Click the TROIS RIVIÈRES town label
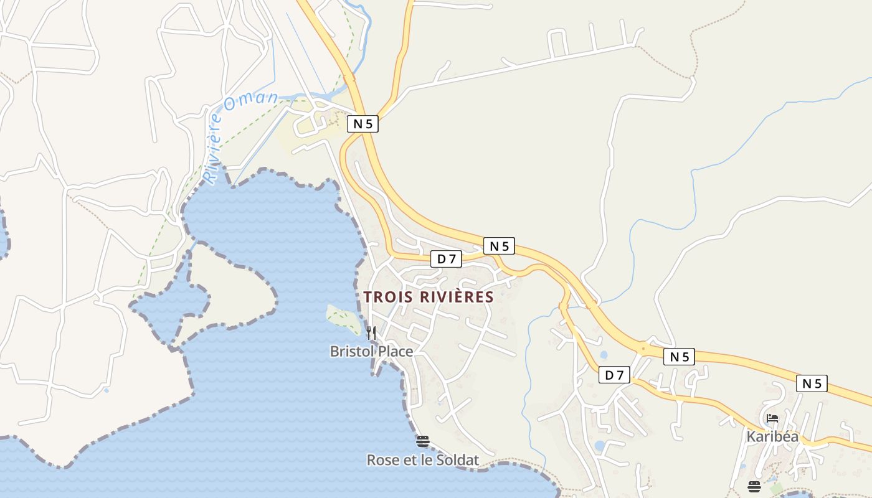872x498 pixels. tap(429, 297)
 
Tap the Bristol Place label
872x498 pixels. tap(371, 352)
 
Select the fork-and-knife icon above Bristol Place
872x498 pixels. tap(371, 332)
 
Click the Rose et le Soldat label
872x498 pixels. tap(423, 460)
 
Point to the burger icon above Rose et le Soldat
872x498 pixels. tap(423, 441)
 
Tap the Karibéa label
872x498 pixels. tap(772, 436)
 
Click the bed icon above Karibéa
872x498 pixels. tap(772, 419)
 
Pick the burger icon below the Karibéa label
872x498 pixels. tap(754, 486)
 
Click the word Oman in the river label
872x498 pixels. tap(250, 100)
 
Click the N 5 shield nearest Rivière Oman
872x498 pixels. tap(363, 124)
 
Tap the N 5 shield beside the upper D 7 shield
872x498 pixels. tap(500, 246)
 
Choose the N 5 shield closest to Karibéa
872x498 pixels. tap(812, 383)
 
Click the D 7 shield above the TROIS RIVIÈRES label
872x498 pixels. tap(447, 259)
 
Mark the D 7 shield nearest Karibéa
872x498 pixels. tap(615, 374)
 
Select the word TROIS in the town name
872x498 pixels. tap(389, 297)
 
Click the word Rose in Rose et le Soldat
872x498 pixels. tap(381, 460)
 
